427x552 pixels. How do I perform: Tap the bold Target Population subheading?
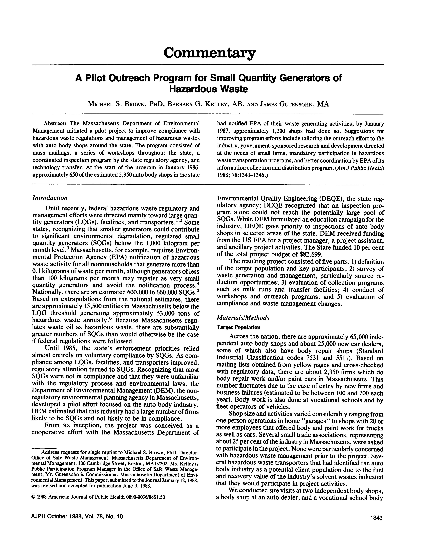coord(238,328)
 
